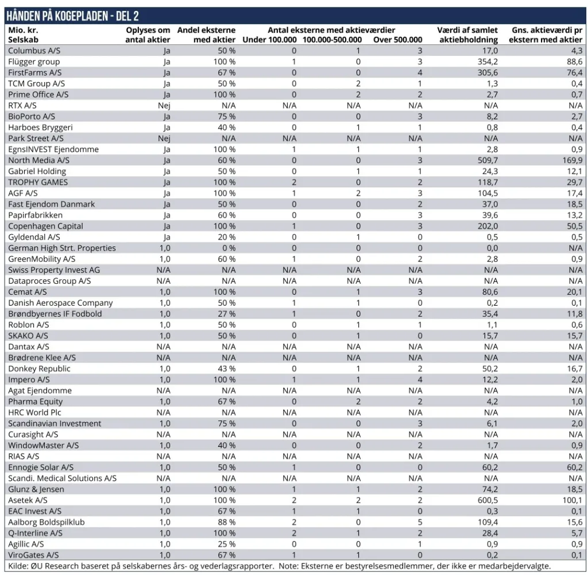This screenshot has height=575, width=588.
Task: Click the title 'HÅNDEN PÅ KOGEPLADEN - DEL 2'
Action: [x=73, y=16]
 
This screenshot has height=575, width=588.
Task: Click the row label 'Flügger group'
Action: [x=34, y=62]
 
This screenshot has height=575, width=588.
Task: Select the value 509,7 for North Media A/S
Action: [x=488, y=160]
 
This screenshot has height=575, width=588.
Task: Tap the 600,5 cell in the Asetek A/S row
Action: [x=488, y=500]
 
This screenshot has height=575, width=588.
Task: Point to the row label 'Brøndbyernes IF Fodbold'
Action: [x=55, y=314]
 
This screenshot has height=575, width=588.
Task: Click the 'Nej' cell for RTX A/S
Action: [x=164, y=106]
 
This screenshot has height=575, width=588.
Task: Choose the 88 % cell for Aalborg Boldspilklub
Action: [x=226, y=522]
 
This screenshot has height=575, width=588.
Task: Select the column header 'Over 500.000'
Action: [x=397, y=40]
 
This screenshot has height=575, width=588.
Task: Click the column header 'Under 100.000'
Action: [x=269, y=40]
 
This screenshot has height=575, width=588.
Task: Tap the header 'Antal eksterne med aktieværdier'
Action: [x=331, y=30]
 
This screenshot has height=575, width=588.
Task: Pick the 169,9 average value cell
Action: [x=572, y=160]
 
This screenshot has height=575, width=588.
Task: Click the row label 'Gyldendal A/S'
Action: [x=34, y=237]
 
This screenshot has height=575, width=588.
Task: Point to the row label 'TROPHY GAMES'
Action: [x=38, y=182]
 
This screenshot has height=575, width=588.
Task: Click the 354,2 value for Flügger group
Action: [x=488, y=62]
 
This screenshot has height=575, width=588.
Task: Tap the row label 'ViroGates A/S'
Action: [x=33, y=555]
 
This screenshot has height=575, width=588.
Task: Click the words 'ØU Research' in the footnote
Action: [x=55, y=566]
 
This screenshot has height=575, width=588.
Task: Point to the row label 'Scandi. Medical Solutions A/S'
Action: [x=62, y=478]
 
